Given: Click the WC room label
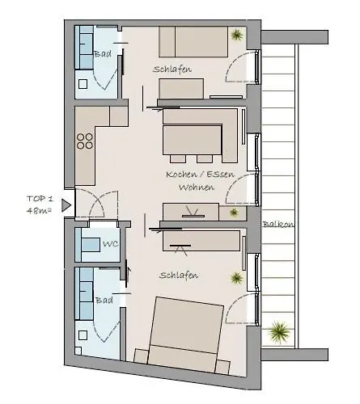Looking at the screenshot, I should (x=110, y=244).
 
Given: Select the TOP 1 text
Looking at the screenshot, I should (x=40, y=198).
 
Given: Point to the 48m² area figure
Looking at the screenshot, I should (x=40, y=210).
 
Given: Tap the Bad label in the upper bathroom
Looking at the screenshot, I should (x=103, y=54).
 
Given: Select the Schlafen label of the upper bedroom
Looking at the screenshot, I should (x=172, y=69).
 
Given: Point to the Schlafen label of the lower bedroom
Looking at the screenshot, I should (x=179, y=275).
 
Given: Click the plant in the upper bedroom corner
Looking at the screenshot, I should (x=235, y=35).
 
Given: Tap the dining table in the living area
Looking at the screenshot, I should (x=193, y=141).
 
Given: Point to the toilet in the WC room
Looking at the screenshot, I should (x=84, y=244).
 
